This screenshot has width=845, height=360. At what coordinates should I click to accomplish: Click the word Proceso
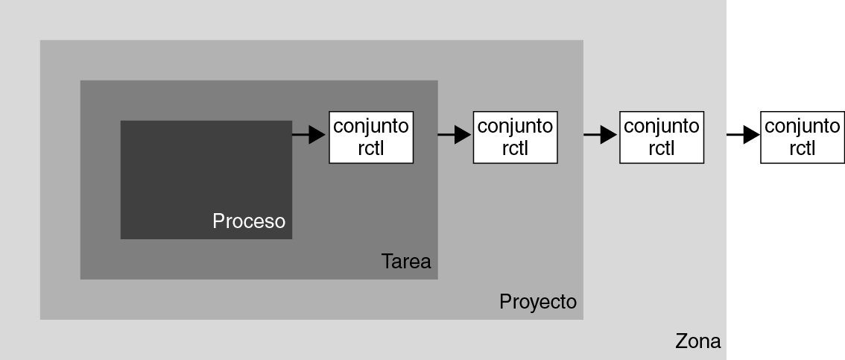(x=249, y=221)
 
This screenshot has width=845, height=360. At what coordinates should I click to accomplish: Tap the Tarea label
(x=406, y=262)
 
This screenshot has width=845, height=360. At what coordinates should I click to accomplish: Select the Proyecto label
(x=538, y=302)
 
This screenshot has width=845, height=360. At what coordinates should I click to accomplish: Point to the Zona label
(x=698, y=341)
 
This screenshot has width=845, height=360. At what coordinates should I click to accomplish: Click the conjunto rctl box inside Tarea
(x=371, y=136)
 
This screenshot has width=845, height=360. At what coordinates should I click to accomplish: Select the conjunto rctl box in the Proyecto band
(x=515, y=136)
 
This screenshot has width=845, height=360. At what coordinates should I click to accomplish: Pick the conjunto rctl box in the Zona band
(x=661, y=136)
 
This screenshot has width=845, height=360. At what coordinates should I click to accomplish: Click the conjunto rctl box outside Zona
(x=802, y=136)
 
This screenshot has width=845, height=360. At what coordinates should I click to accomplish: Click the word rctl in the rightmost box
(x=802, y=148)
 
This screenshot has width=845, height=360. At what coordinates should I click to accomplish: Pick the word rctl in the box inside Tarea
(x=371, y=148)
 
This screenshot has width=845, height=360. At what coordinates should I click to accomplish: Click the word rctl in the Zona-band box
(x=661, y=148)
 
